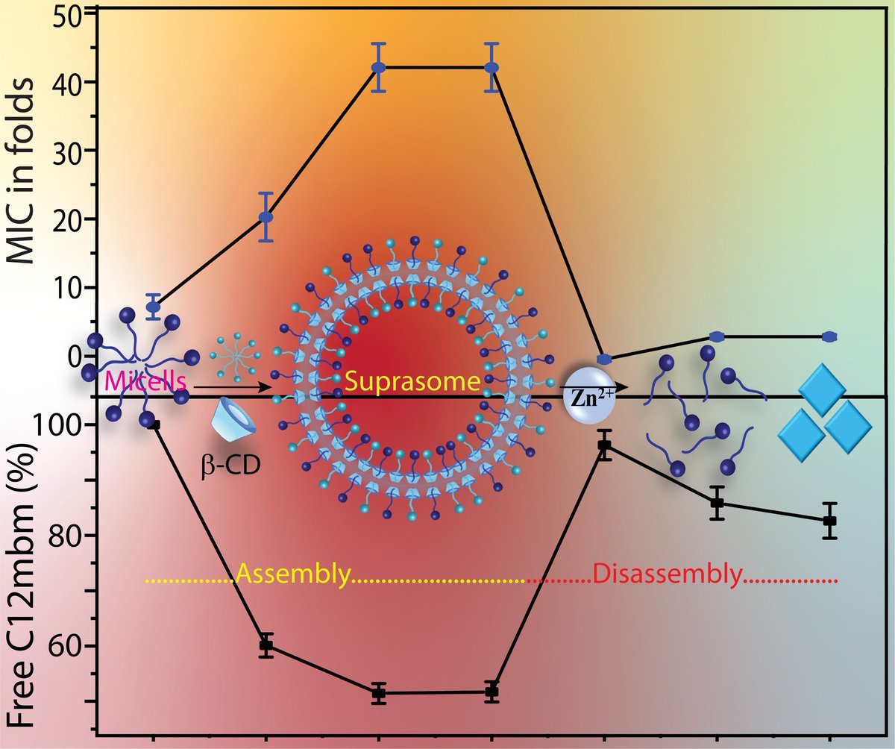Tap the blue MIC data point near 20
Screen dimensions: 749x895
click(266, 217)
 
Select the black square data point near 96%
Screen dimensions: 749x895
click(605, 446)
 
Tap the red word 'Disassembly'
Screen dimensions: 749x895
click(668, 576)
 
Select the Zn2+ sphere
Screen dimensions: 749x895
click(585, 386)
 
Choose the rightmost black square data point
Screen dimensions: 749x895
click(829, 521)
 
